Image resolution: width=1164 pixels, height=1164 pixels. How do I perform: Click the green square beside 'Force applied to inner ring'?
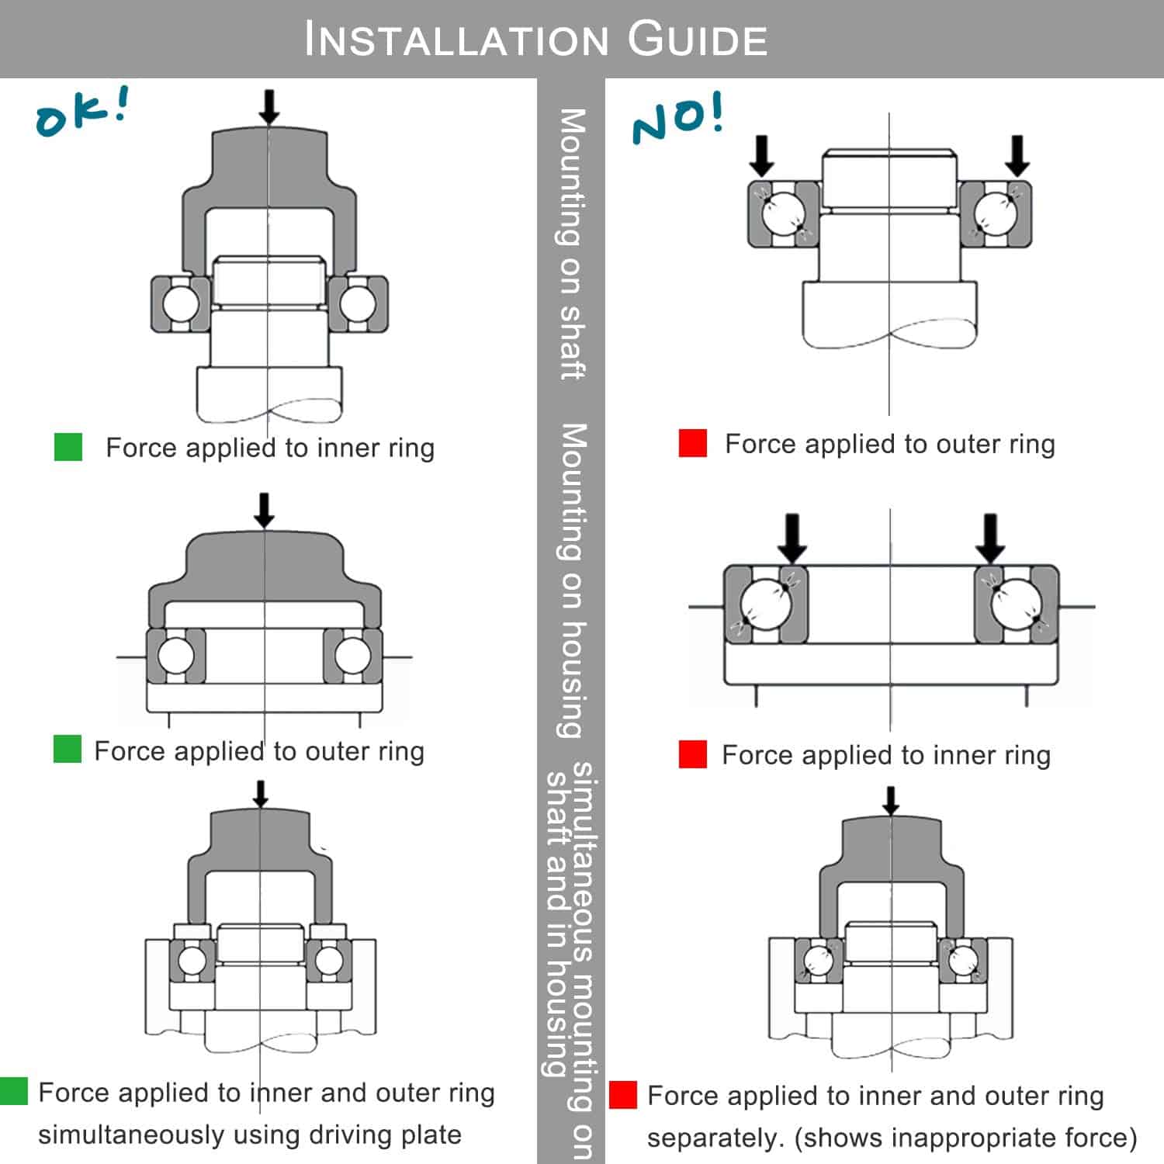[x=68, y=447]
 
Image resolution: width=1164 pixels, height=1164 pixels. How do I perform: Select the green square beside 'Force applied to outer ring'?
[x=68, y=750]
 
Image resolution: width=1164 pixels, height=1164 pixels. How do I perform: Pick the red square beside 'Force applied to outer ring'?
[x=692, y=443]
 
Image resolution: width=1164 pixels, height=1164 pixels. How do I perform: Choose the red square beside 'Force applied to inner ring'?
[x=692, y=754]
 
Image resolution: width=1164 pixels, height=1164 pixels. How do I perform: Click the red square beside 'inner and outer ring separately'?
[x=622, y=1095]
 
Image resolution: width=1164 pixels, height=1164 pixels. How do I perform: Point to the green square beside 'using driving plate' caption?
[x=14, y=1091]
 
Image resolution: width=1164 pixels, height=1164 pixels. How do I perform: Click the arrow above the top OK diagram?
[x=268, y=107]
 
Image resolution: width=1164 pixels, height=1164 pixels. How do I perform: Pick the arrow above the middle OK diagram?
[x=265, y=510]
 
